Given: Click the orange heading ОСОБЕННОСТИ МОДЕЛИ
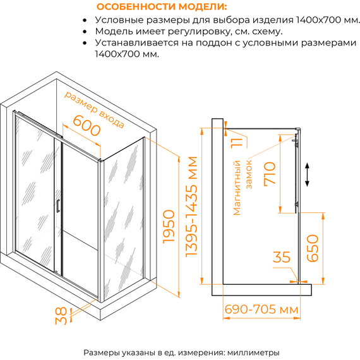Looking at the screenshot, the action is (162, 7).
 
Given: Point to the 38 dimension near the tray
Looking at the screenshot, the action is (61, 316).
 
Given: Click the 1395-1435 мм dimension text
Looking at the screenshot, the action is (191, 206).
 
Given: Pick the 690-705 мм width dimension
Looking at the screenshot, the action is (261, 309).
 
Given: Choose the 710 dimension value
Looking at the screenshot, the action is (270, 173).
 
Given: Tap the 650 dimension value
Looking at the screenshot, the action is (313, 248).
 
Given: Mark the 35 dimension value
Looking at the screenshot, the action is (282, 257).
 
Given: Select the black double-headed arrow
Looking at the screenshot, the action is (307, 174).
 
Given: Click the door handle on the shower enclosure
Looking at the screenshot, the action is (57, 206).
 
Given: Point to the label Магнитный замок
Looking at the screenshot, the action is (243, 188).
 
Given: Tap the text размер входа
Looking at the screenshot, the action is (94, 109).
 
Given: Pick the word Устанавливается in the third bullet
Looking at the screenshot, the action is (136, 43).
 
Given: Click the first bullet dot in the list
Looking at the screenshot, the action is (85, 20).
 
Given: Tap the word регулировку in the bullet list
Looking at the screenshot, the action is (199, 32).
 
